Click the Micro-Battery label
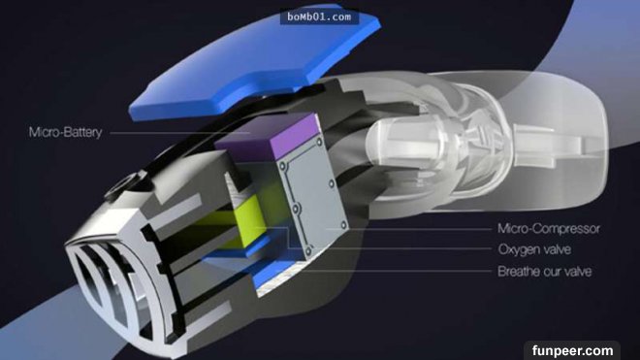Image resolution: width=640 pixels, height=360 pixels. coord(65,132)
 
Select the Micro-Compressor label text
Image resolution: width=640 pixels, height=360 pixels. coord(549,228)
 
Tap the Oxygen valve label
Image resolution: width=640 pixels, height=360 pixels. coord(534,249)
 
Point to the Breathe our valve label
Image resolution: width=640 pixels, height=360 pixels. coord(545,271)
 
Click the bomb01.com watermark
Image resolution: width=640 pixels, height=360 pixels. coord(319,17)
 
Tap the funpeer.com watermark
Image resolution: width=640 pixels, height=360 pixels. coord(572,350)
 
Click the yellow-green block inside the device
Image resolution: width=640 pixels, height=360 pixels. coord(247,220)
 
